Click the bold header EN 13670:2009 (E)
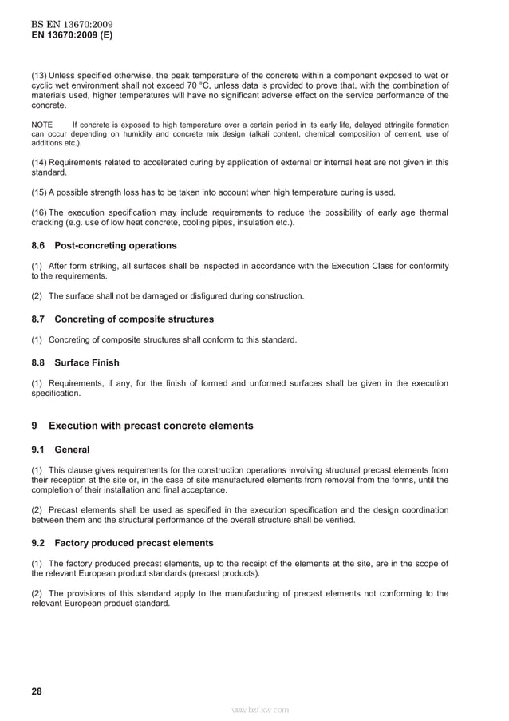point(72,35)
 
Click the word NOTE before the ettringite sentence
point(41,125)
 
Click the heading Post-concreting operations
point(116,245)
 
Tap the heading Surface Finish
point(87,362)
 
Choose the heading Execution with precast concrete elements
point(151,426)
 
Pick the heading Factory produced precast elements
point(134,543)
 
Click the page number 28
point(37,691)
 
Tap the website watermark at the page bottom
point(259,709)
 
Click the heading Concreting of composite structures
point(134,319)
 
